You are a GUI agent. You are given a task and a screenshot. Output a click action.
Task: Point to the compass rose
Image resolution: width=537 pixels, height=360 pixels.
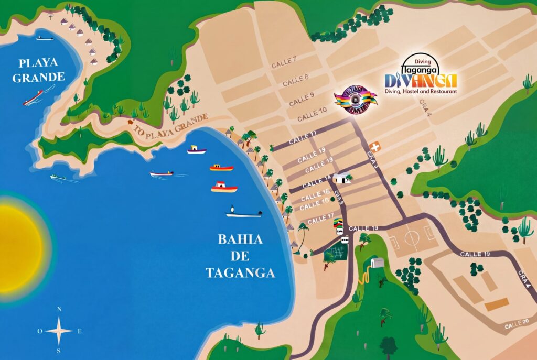[59, 330]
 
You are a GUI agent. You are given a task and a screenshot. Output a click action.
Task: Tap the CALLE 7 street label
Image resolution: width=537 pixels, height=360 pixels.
[284, 62]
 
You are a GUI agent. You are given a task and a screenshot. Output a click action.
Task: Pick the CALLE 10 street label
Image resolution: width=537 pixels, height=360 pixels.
[311, 113]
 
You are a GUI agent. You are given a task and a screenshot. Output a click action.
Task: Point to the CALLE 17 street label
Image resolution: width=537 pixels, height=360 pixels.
[320, 219]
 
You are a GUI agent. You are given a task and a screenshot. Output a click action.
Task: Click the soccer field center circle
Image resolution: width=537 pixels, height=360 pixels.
[412, 239]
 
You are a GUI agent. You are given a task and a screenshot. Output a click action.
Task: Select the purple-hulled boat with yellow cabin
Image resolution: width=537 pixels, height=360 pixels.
[197, 150]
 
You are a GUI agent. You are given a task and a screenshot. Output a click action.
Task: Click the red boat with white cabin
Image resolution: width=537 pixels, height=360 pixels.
[224, 187]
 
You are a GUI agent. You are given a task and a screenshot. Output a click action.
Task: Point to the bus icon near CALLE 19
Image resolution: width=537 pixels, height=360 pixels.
[345, 239]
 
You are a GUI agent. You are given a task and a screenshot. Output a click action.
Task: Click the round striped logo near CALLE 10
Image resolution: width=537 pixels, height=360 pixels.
[355, 100]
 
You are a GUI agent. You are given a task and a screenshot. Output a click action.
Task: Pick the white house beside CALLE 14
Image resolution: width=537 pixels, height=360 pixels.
[341, 178]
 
